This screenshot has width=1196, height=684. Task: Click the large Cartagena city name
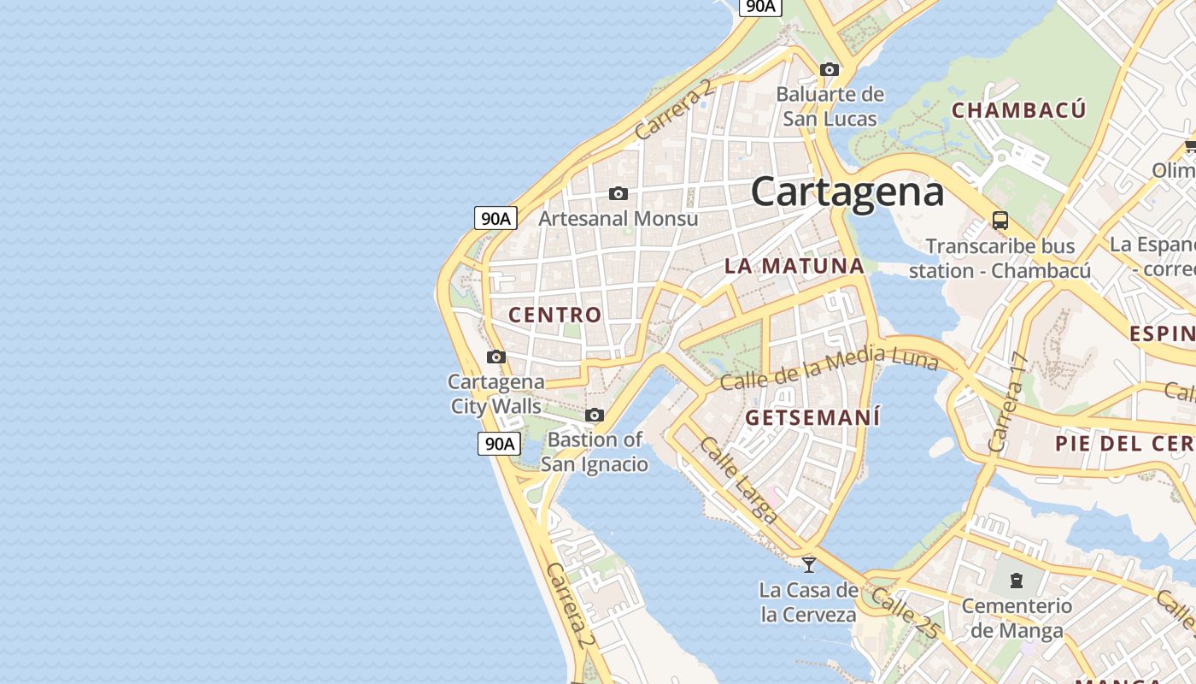pos(847,192)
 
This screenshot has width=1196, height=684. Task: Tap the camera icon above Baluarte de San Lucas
pos(829,69)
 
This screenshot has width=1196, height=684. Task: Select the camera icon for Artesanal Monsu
pos(618,194)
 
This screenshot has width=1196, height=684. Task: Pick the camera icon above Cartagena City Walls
pos(496,357)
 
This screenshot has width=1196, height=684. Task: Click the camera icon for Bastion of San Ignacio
pos(595,416)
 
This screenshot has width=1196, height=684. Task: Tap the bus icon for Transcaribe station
pos(1000,221)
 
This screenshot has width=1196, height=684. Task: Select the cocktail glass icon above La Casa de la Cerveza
pos(808,564)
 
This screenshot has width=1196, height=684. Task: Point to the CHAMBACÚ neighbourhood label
pos(1018,110)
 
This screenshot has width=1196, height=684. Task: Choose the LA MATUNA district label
pos(794,266)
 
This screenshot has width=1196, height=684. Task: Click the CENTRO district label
pos(555,315)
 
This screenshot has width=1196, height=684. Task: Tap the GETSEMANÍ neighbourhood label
pos(812,418)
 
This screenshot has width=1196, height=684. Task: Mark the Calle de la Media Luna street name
pos(829,369)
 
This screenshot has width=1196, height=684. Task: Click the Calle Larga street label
pos(738,480)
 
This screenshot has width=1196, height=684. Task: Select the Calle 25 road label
pos(906,612)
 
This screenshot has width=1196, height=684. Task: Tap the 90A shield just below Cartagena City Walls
pos(499,443)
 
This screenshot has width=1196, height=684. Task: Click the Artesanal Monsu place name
pos(618,219)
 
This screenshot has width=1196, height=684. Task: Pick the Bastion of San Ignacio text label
pos(595,452)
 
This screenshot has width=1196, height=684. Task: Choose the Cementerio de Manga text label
pos(1017,618)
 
